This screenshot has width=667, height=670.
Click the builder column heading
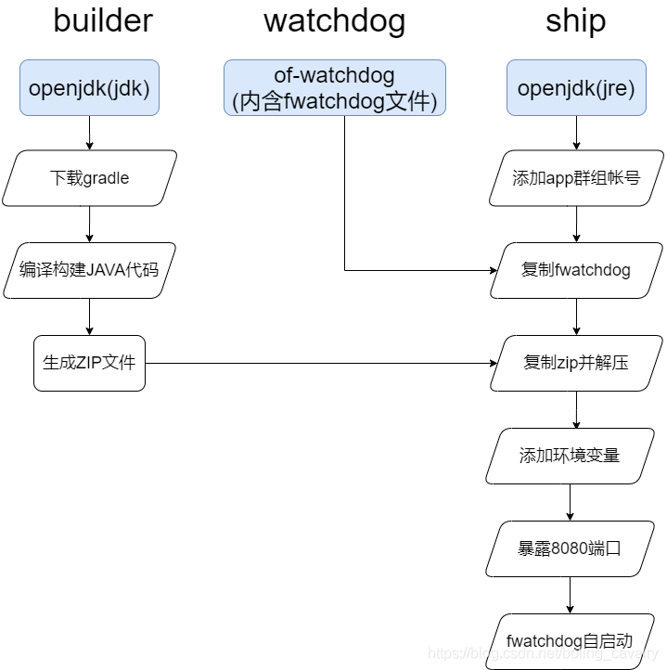coord(103,20)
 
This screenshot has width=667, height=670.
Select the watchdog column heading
coord(334,20)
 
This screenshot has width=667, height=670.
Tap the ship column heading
coord(575,20)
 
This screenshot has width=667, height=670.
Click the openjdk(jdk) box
coord(89,88)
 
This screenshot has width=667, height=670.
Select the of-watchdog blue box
coord(334,88)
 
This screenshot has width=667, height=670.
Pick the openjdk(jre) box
coord(576,88)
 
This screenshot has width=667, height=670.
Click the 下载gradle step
coord(89,178)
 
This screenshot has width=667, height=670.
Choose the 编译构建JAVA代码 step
coord(89,270)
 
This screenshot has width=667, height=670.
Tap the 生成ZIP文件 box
coord(89,363)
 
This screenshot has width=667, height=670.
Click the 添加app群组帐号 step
coord(576,178)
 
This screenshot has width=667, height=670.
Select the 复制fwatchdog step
coord(576,270)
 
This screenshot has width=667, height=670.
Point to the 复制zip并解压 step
coord(576,363)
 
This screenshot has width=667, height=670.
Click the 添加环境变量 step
coord(570,456)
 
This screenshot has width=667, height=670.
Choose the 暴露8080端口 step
coord(570,548)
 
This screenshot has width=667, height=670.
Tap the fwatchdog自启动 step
coord(570,640)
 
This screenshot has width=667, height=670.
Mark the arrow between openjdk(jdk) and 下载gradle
coord(89,133)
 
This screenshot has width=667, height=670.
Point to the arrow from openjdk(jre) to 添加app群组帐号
coord(576,133)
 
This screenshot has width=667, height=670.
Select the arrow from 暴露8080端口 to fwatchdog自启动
coord(570,595)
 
